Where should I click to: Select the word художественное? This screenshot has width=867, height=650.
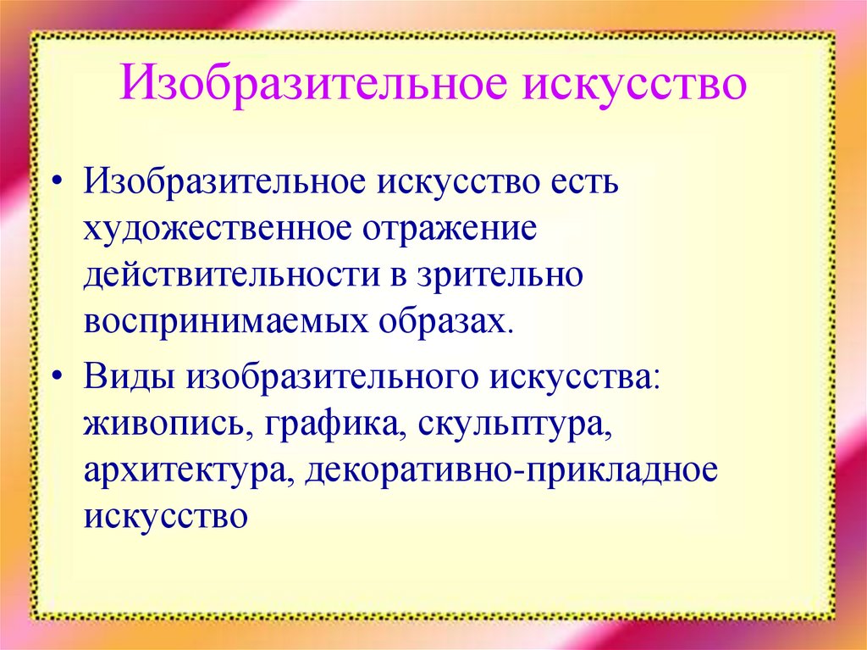(x=218, y=231)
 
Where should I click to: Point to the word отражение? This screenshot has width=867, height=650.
(x=452, y=231)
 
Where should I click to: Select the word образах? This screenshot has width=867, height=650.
(x=450, y=324)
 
